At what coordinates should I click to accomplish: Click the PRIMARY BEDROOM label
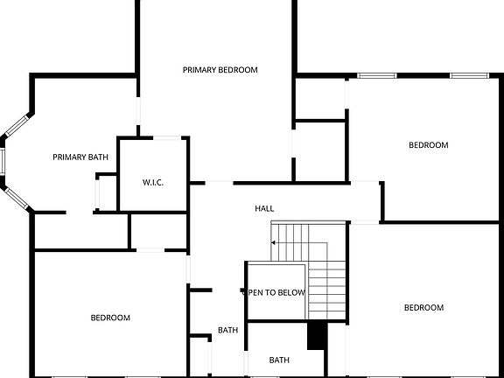pos(220,69)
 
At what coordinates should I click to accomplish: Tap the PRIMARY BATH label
pos(80,157)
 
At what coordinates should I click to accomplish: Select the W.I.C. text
pos(153,182)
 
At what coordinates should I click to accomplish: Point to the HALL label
pos(264,209)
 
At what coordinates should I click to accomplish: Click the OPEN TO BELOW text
pos(276,292)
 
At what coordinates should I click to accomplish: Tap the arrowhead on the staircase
pos(274,241)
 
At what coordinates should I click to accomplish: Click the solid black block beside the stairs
pos(316,335)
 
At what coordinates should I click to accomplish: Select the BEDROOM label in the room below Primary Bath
pos(110,318)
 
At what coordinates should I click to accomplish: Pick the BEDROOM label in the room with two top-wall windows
pos(429,145)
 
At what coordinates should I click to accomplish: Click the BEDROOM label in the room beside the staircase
pos(423,307)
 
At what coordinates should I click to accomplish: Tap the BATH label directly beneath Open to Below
pos(279,360)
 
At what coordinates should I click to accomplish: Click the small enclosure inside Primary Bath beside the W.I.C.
pos(106,192)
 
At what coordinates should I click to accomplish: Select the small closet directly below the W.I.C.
pos(158,230)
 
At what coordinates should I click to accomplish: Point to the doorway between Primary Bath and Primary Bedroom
pos(137,112)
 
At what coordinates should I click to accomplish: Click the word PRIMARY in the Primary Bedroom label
pos(199,69)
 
